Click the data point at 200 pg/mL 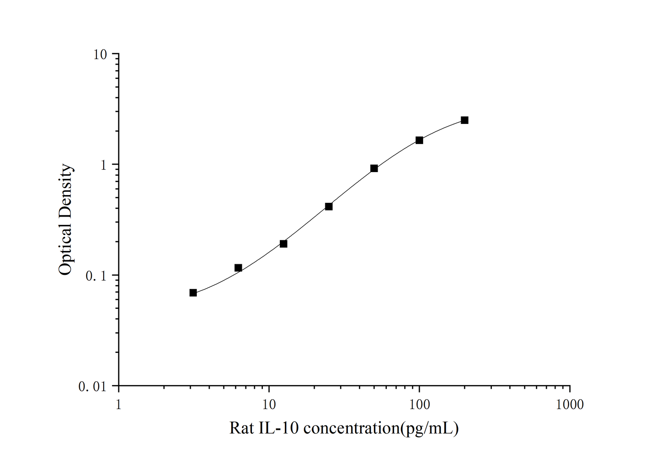tap(464, 120)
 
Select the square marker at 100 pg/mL tap(419, 140)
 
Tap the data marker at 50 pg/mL tap(374, 168)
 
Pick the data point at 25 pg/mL tap(329, 206)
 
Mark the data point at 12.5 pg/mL tap(284, 244)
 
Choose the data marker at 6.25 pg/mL tap(238, 268)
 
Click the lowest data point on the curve tap(193, 293)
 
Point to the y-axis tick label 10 tap(100, 55)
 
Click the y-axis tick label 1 tap(103, 165)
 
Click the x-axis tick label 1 tap(119, 405)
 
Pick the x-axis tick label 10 tap(269, 405)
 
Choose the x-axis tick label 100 tap(419, 405)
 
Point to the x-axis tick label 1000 tap(569, 405)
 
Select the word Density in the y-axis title tap(66, 190)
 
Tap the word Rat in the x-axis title tap(241, 429)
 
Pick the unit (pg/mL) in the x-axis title tap(429, 429)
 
